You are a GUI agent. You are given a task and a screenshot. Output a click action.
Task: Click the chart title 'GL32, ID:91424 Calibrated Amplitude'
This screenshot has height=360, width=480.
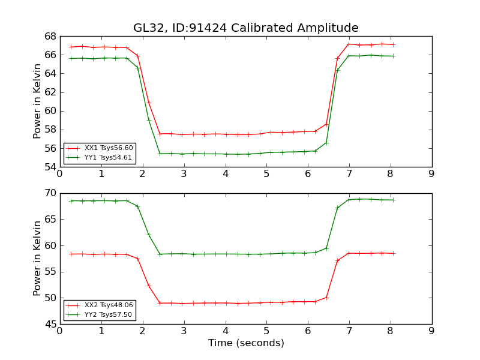point(245,28)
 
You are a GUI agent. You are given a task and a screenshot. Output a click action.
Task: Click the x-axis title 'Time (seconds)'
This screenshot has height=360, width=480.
point(245,343)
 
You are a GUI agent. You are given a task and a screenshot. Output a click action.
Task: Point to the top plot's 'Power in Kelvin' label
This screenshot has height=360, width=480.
point(37,101)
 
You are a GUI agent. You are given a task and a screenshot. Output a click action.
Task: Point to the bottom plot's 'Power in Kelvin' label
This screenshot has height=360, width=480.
point(37,259)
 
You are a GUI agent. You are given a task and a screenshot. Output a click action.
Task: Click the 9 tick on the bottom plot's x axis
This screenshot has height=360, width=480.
point(431,331)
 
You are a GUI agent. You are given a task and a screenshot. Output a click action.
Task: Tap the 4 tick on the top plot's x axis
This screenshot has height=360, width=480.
point(225,173)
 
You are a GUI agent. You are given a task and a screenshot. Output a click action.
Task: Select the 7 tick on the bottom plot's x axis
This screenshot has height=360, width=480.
point(349,331)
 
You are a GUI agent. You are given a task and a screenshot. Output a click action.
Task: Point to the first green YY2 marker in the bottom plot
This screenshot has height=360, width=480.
point(71,201)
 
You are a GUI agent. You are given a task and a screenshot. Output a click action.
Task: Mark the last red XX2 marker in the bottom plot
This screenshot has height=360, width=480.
point(393,253)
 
